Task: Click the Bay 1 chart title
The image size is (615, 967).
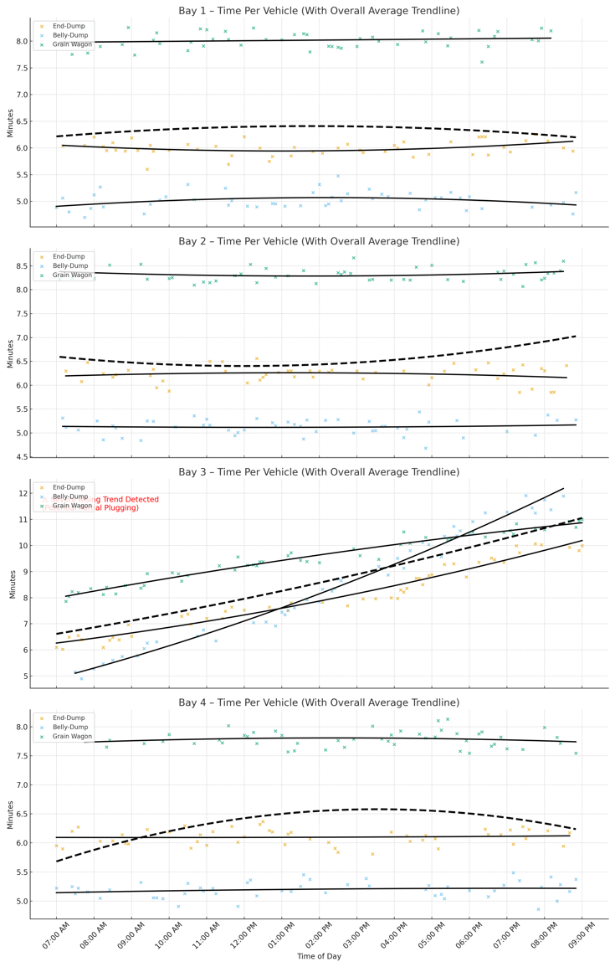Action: click(319, 11)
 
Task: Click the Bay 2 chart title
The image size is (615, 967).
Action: click(319, 241)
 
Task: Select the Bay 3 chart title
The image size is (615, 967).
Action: click(319, 472)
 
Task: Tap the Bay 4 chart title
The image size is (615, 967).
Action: click(319, 702)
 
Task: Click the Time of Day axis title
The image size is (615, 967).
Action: click(319, 955)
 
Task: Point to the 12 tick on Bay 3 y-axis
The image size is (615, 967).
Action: click(23, 493)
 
